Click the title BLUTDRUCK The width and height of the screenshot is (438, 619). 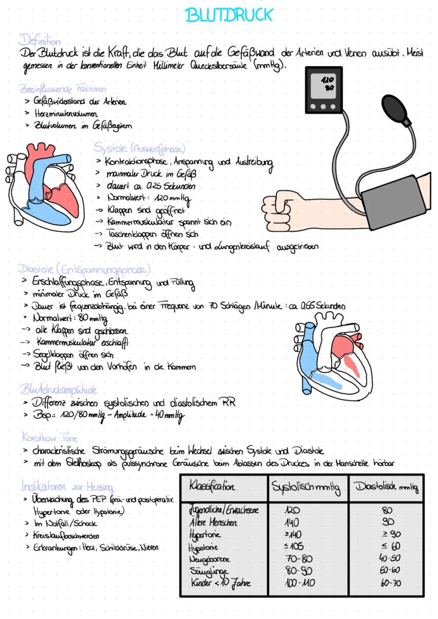(229, 15)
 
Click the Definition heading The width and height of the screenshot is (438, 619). (40, 40)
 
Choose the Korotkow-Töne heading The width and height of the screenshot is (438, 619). (50, 438)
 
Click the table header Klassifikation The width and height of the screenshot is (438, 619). (212, 486)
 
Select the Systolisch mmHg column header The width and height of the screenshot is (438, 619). (306, 487)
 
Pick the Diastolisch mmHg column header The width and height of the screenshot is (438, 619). (386, 487)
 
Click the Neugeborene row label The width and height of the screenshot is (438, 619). (209, 559)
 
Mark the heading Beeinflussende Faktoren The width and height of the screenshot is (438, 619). (62, 88)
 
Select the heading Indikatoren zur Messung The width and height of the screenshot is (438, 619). (67, 486)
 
